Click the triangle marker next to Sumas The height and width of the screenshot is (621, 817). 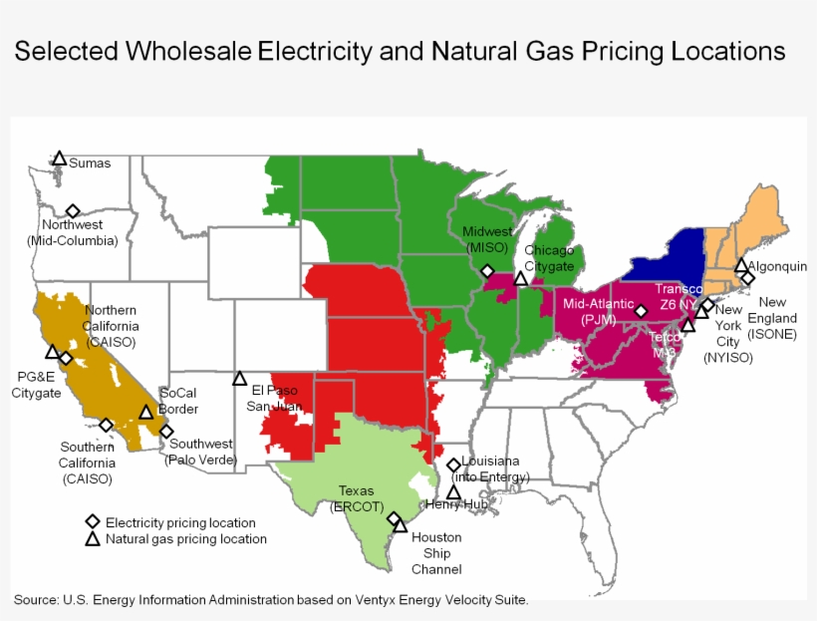point(60,158)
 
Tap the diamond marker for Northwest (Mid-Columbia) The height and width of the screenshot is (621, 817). point(73,211)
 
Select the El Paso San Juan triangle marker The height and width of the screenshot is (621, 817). point(240,379)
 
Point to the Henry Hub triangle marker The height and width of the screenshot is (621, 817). point(453,492)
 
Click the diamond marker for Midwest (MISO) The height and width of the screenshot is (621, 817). point(487,270)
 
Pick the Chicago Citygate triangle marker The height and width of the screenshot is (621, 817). point(520,278)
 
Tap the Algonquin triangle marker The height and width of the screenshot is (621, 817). point(741,265)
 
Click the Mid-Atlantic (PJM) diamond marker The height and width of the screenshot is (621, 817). point(641,311)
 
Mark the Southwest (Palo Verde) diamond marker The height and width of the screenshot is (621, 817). point(166,432)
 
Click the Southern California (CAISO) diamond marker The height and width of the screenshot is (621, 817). point(107,425)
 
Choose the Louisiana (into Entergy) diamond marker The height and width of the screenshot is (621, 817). point(453,465)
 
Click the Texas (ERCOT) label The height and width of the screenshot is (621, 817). point(356,498)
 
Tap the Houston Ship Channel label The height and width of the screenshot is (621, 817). point(436,553)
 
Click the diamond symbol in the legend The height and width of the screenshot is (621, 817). point(92,521)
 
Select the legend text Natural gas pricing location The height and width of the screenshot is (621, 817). point(186,539)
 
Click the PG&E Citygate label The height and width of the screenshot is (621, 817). point(37,385)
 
